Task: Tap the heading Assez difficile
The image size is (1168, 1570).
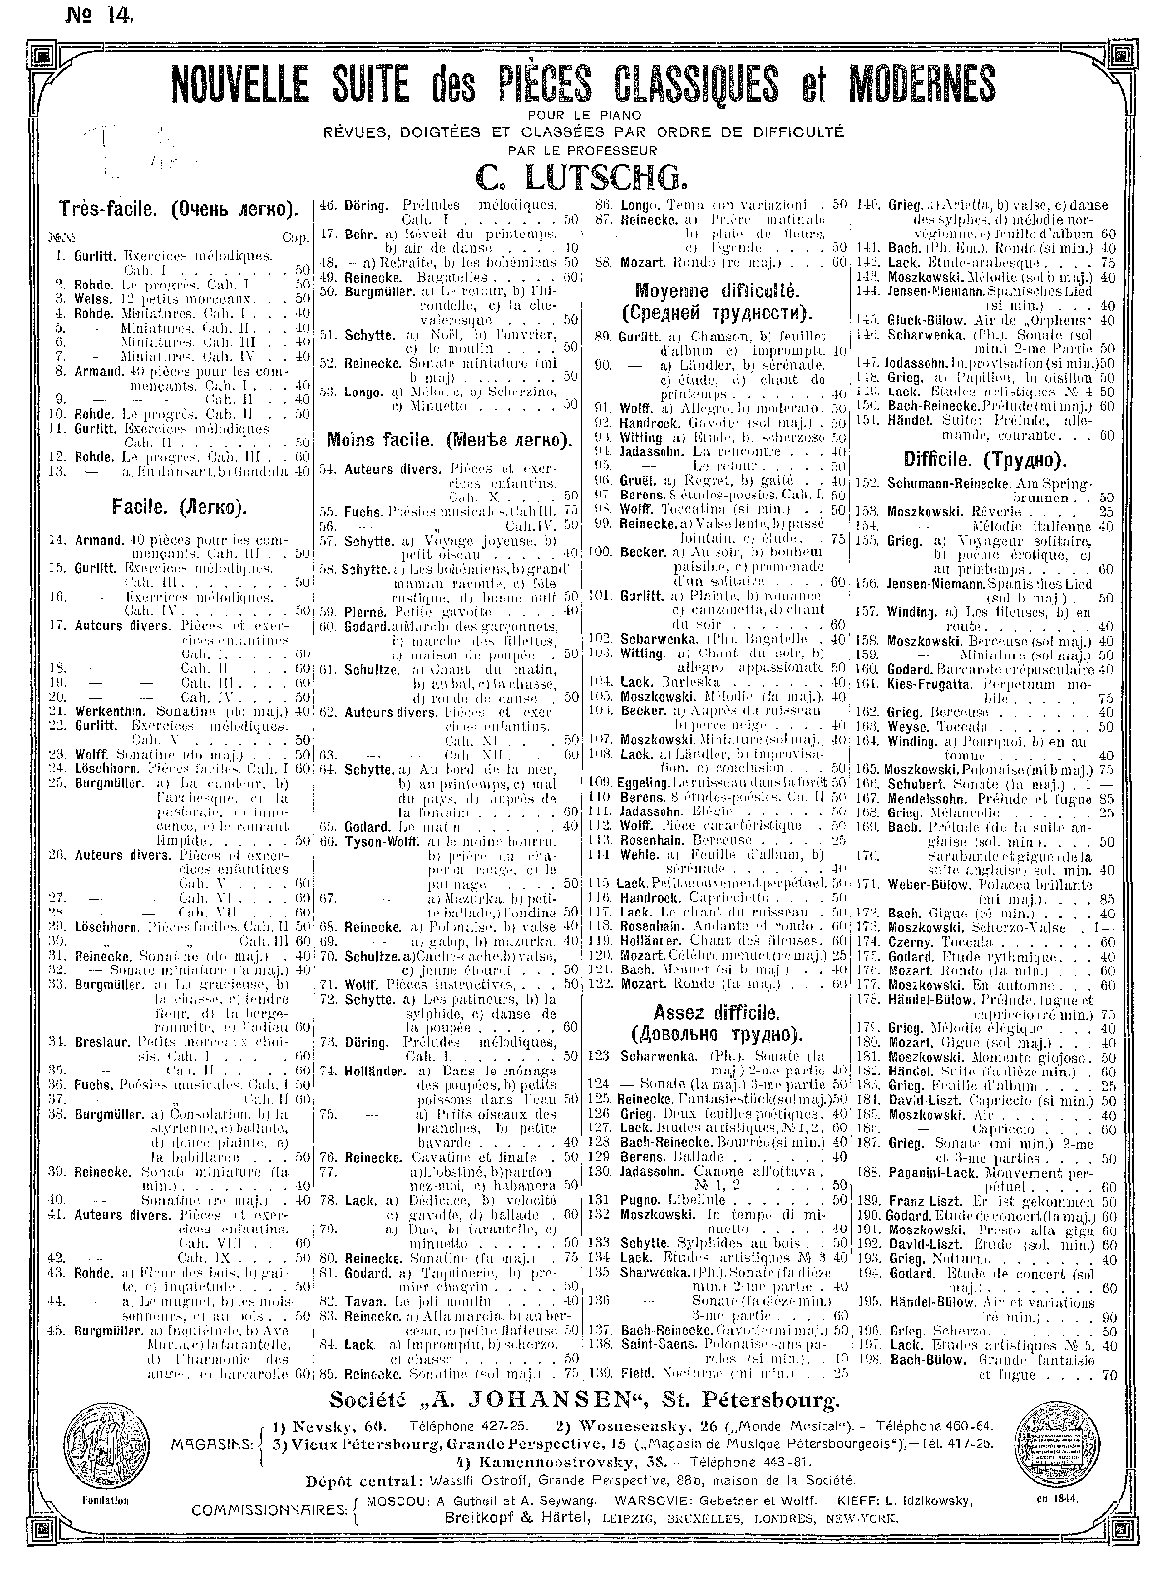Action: coord(717,1011)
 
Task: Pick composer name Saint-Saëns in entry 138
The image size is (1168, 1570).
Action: coord(652,1343)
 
